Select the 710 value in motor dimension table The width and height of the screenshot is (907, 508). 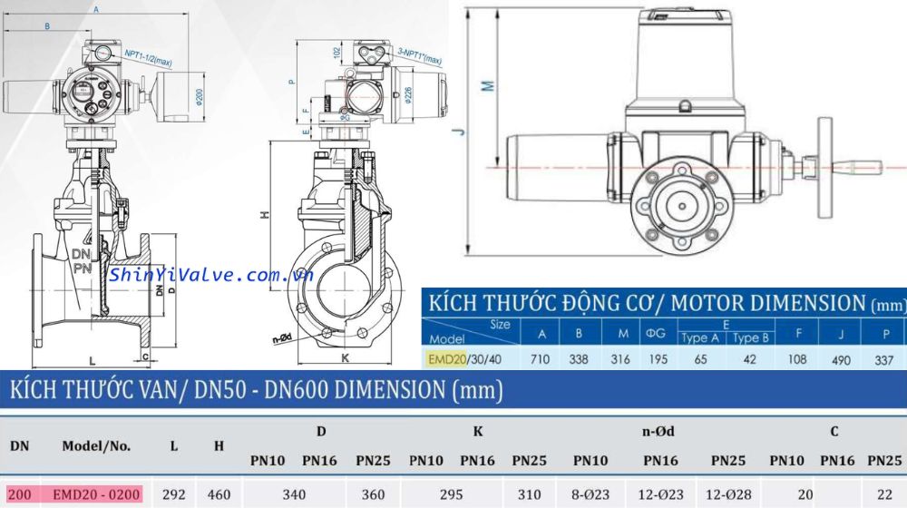coord(541,360)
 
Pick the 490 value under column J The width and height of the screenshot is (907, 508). coord(841,360)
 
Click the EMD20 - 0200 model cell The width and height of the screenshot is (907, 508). coord(95,495)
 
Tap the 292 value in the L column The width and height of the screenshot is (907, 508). coord(174,495)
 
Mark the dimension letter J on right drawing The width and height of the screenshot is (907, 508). coord(462,132)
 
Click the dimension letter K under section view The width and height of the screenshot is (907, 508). coord(345,357)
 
